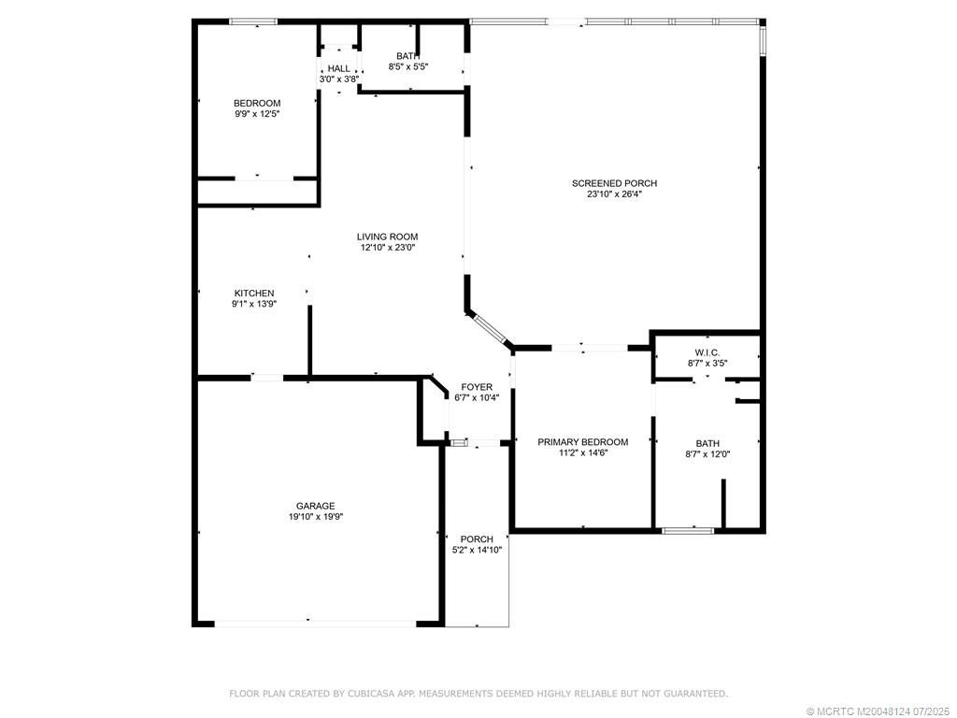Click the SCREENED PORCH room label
pyautogui.click(x=614, y=183)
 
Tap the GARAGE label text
pyautogui.click(x=315, y=506)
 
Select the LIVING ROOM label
pyautogui.click(x=387, y=237)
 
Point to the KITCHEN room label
pyautogui.click(x=254, y=293)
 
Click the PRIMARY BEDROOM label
pyautogui.click(x=582, y=442)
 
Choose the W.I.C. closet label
pyautogui.click(x=707, y=352)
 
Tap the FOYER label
pyautogui.click(x=477, y=387)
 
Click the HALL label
pyautogui.click(x=338, y=68)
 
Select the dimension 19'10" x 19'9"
pyautogui.click(x=315, y=517)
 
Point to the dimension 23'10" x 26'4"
pyautogui.click(x=614, y=194)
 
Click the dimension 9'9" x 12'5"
pyautogui.click(x=257, y=114)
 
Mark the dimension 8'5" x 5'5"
pyautogui.click(x=407, y=66)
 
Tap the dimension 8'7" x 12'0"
pyautogui.click(x=707, y=454)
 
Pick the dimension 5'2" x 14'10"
pyautogui.click(x=477, y=550)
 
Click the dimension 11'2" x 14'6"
pyautogui.click(x=582, y=453)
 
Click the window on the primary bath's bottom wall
pyautogui.click(x=688, y=531)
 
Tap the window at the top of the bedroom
pyautogui.click(x=253, y=22)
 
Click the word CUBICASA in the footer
pyautogui.click(x=372, y=694)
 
